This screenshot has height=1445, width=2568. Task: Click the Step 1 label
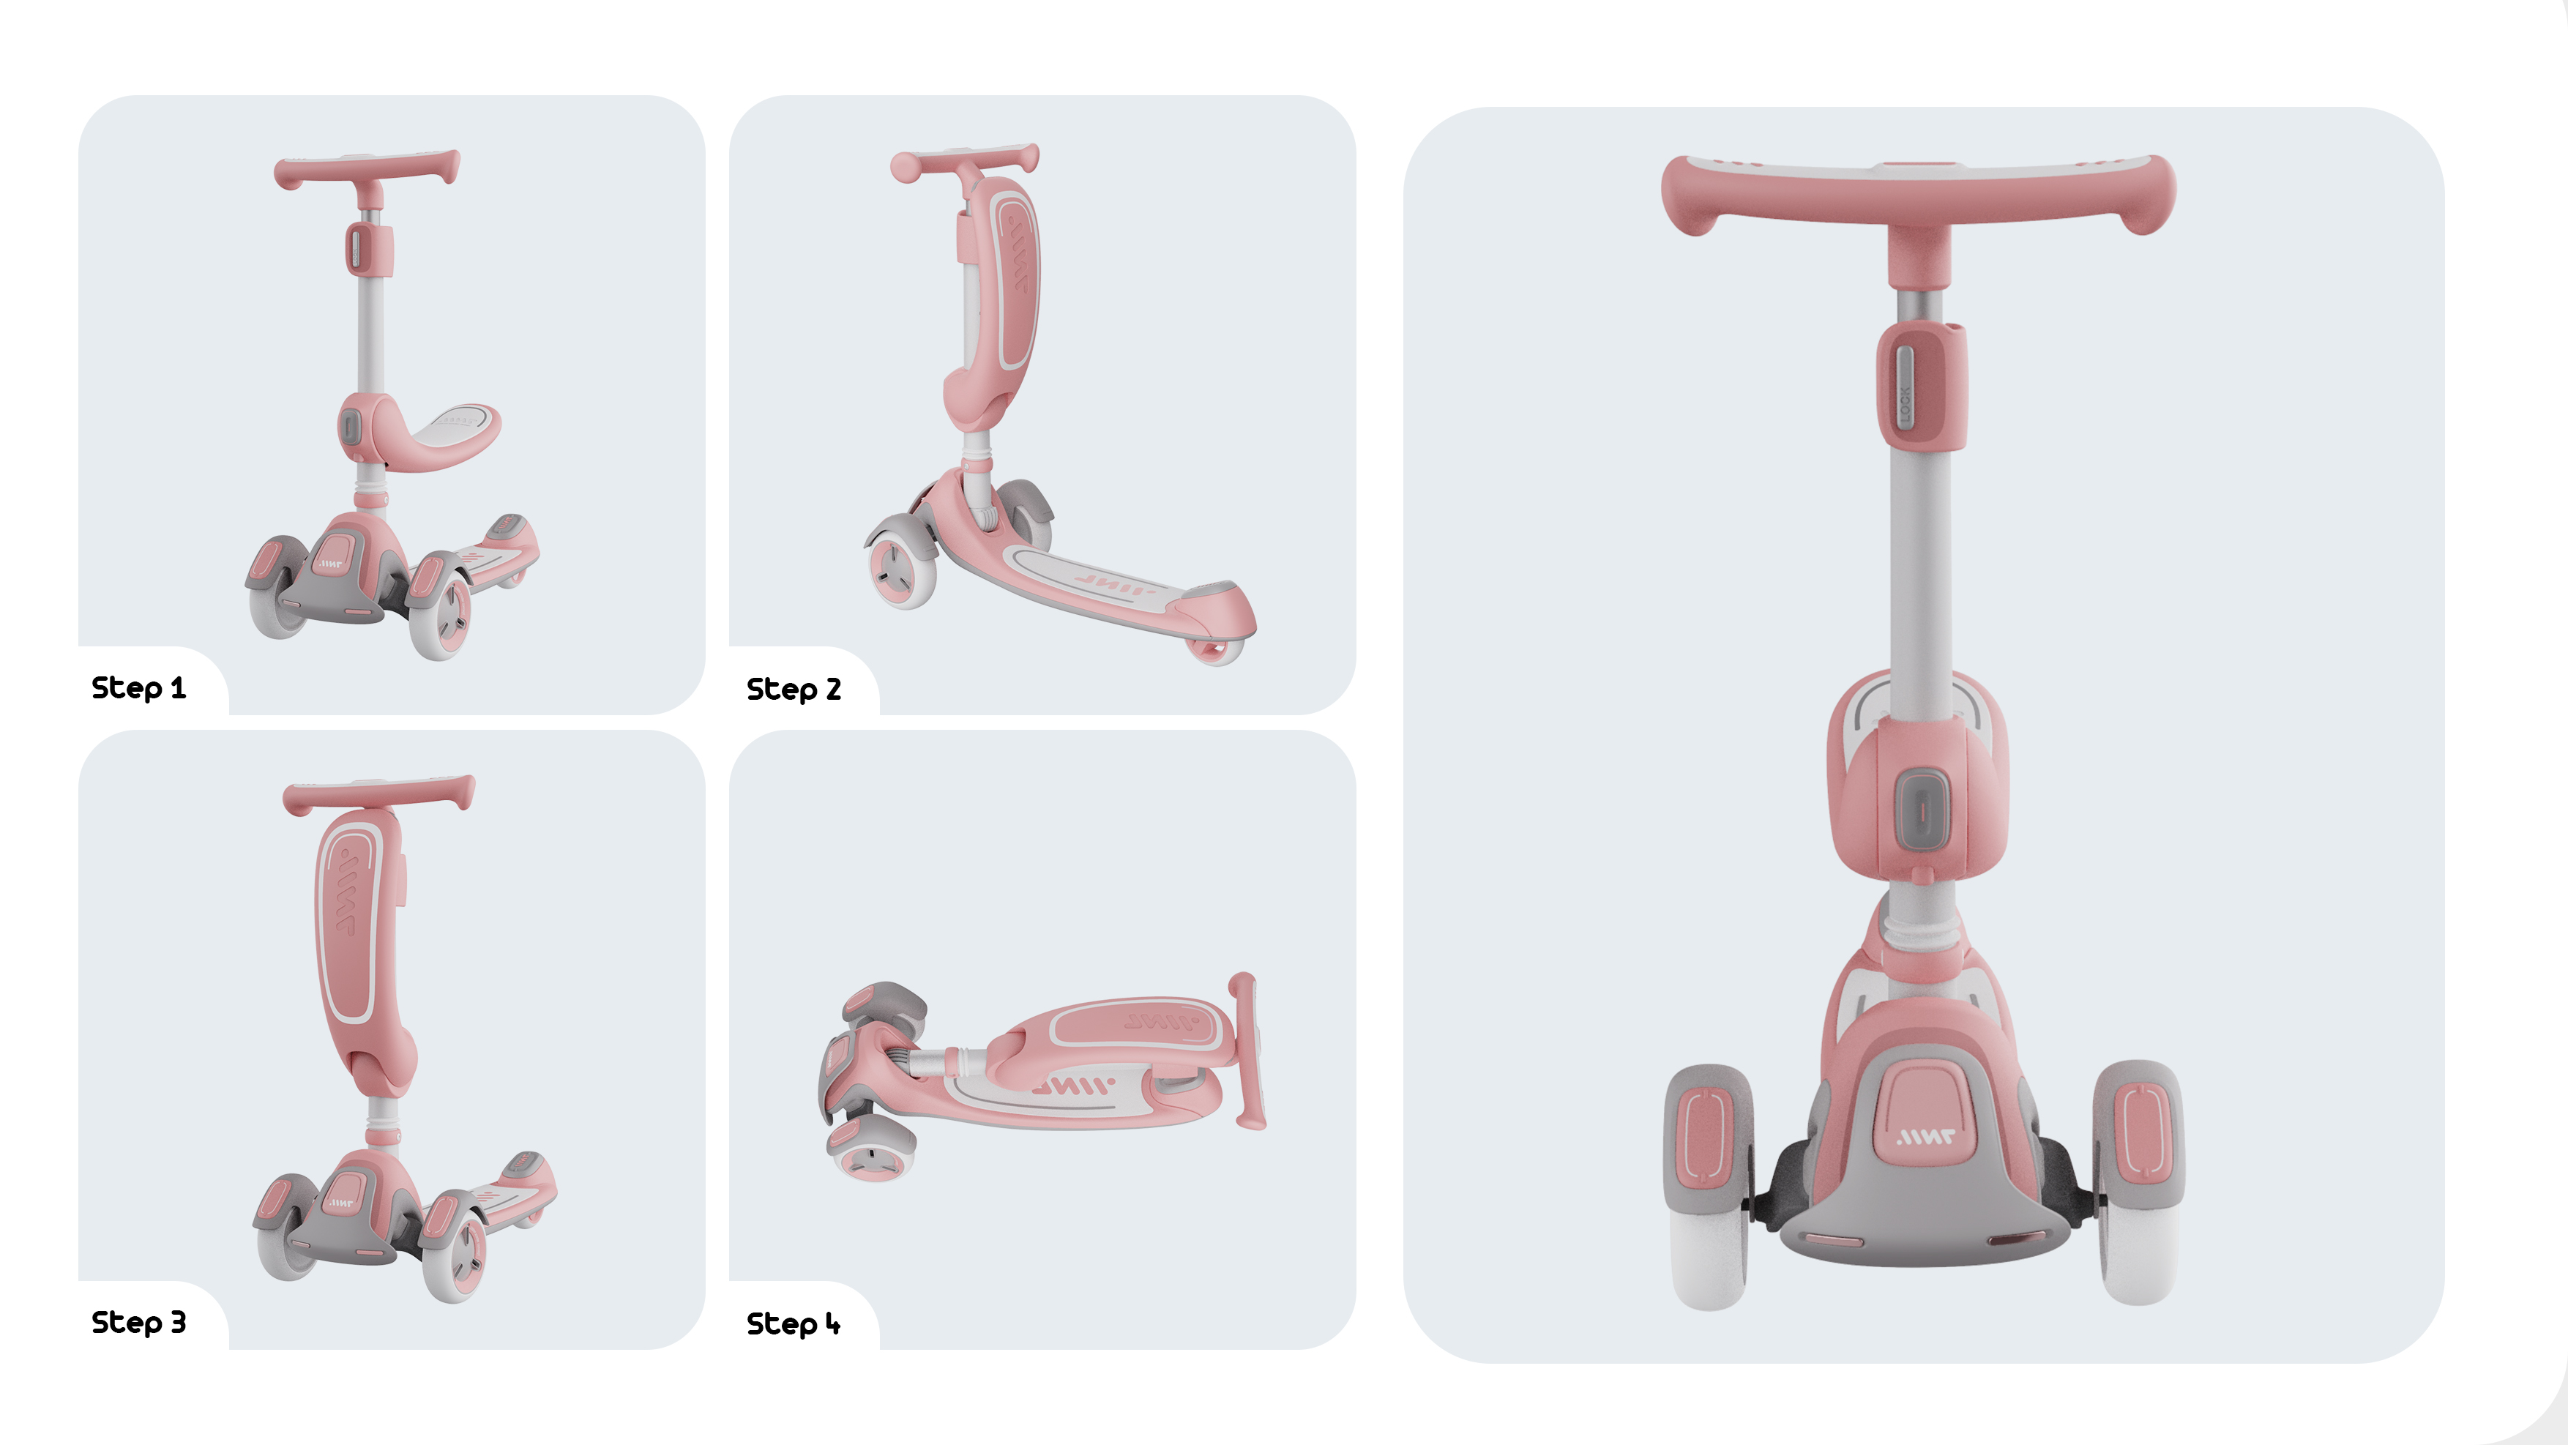pos(138,687)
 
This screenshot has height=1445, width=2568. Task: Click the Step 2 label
pos(794,689)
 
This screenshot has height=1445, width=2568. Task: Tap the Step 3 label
pos(138,1323)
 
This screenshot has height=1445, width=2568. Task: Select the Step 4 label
pos(794,1323)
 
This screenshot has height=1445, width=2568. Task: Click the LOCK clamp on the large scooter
pos(1921,384)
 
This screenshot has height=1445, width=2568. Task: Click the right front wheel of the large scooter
pos(2138,1181)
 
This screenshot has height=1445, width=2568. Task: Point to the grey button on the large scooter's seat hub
pos(1921,809)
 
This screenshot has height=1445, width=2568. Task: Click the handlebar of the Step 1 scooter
pos(367,168)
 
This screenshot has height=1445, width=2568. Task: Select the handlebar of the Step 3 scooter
pos(378,794)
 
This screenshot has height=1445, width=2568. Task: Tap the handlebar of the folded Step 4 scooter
pos(1246,1051)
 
